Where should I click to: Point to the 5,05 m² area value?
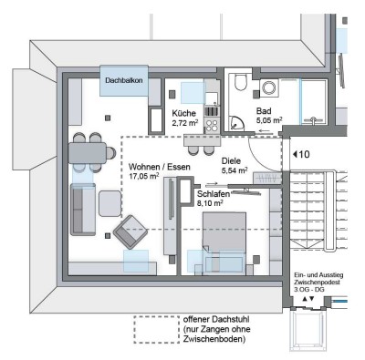(269, 119)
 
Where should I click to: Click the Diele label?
(233, 160)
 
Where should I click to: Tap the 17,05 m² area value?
(146, 178)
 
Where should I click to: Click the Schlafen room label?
(214, 194)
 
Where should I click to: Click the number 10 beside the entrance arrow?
(305, 154)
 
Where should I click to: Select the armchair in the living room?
(131, 231)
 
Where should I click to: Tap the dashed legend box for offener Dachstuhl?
(156, 329)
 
